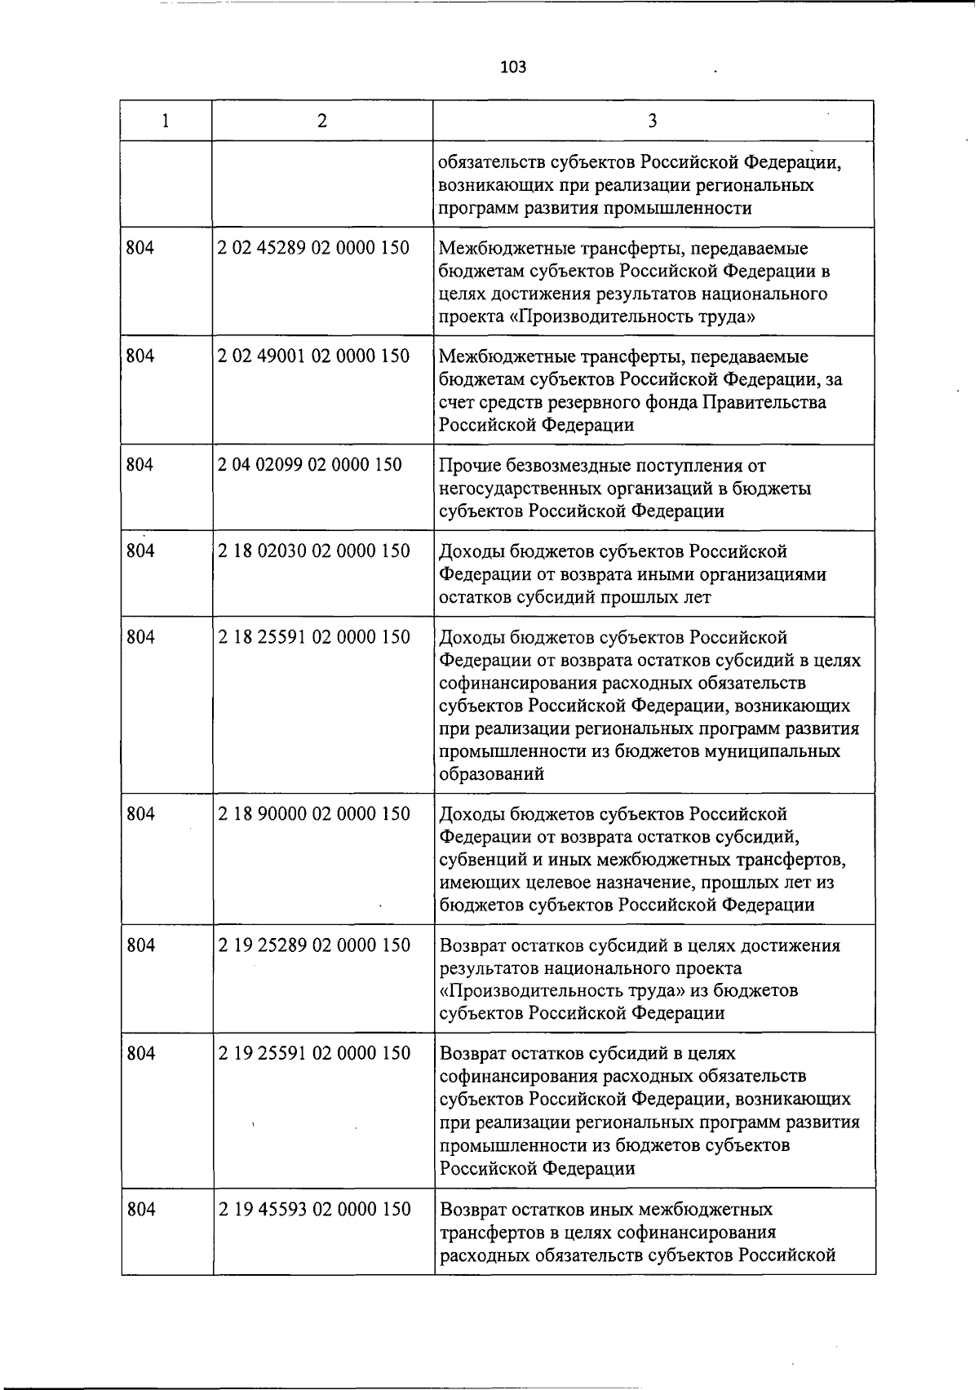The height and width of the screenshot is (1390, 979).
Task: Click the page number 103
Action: point(513,67)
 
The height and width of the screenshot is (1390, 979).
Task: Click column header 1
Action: point(166,122)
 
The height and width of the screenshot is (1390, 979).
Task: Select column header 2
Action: point(322,122)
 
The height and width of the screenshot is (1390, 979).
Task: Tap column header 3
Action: point(653,122)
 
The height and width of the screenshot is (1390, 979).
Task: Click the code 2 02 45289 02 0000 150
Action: point(314,248)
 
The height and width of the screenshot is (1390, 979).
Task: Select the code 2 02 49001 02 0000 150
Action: point(314,356)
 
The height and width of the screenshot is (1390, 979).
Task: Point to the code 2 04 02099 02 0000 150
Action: point(310,465)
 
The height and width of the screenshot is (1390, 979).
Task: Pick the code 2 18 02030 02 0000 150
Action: point(314,551)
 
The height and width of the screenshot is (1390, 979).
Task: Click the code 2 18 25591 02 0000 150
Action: point(314,637)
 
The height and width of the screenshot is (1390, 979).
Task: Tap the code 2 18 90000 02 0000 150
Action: point(314,814)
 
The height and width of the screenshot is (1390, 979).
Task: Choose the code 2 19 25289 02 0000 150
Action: point(314,945)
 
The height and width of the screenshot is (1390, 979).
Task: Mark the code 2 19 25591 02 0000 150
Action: point(314,1054)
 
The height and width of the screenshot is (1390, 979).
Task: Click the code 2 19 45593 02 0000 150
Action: point(314,1210)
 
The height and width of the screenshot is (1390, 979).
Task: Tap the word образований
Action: point(491,774)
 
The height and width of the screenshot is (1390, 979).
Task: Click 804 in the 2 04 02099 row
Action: point(140,465)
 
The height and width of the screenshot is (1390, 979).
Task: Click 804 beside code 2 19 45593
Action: point(140,1210)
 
